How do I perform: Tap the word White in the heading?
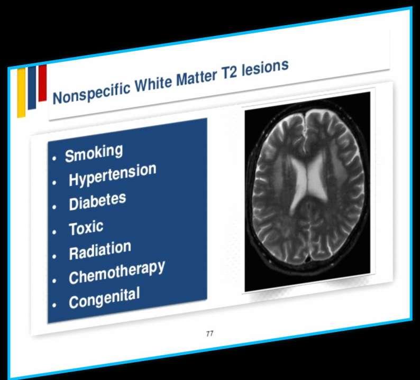153,82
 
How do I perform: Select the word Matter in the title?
196,77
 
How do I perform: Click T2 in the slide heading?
229,73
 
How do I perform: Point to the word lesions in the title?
265,68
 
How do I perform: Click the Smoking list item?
94,153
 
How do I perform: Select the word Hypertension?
113,175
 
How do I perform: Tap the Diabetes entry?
97,201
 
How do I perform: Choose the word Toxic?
86,228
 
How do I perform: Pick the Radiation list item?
100,251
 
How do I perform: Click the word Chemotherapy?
117,273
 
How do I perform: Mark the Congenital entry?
104,298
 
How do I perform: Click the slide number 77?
209,333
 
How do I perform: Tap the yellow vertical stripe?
22,92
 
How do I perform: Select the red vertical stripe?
43,83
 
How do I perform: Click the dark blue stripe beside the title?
32,88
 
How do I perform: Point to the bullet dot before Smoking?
54,159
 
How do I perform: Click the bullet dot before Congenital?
54,305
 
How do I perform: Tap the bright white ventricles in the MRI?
308,181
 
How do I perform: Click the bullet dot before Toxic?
54,231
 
